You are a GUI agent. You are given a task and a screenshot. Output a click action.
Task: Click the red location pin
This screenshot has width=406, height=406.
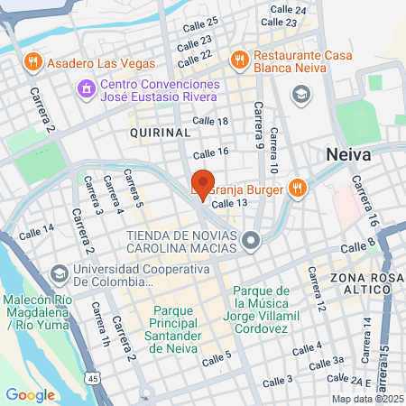pyautogui.click(x=202, y=183)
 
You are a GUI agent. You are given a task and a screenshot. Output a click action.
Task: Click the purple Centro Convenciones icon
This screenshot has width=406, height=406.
pyautogui.click(x=86, y=89)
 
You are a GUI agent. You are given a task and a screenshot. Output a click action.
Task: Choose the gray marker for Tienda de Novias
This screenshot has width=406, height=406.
pyautogui.click(x=252, y=239)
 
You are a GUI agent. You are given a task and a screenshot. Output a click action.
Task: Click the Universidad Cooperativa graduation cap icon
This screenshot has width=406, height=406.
pyautogui.click(x=60, y=272)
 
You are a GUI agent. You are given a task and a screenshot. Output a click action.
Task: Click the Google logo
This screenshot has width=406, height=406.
pyautogui.click(x=30, y=394)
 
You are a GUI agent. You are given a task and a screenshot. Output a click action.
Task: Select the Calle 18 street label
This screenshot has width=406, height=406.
pyautogui.click(x=210, y=122)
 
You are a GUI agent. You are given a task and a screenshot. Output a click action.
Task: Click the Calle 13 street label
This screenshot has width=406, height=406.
pyautogui.click(x=229, y=205)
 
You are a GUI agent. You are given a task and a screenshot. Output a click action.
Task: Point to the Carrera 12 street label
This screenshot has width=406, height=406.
pyautogui.click(x=318, y=297)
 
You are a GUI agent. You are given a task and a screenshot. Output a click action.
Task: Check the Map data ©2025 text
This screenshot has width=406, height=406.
pyautogui.click(x=365, y=399)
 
